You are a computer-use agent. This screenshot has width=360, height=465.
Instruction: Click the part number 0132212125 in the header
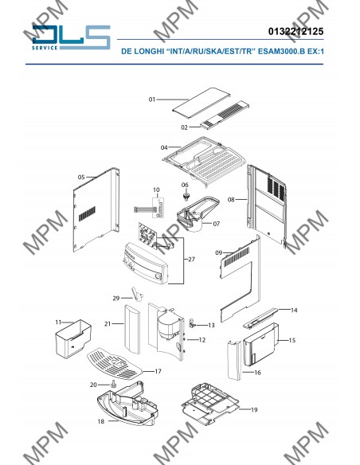295,31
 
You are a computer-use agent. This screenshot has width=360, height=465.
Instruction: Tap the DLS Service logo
71,37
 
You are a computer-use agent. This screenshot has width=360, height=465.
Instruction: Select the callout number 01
152,100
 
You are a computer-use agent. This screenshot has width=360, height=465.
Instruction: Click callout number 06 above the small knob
185,185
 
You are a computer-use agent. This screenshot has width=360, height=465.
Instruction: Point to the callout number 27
192,260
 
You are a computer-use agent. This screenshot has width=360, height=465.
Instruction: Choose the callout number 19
254,410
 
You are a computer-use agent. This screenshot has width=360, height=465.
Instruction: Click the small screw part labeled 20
113,384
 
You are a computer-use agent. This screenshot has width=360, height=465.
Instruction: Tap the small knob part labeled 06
186,196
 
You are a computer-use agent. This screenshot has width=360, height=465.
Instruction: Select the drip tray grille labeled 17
115,364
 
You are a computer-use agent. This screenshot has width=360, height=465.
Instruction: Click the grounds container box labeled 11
73,338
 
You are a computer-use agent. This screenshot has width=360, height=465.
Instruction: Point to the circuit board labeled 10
158,208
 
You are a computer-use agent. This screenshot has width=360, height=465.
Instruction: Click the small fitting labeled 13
192,323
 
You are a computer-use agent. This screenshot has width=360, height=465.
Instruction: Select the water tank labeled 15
260,344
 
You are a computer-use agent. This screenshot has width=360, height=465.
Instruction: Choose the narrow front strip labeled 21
132,329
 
